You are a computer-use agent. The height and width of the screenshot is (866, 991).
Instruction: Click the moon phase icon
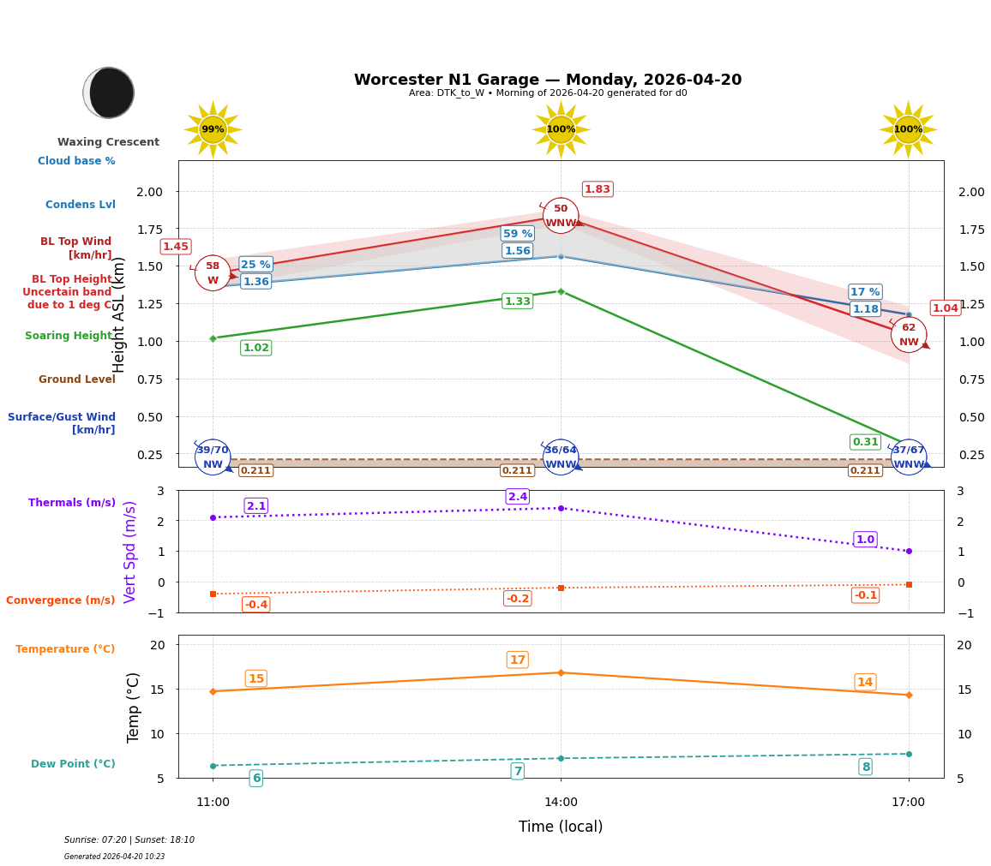[x=109, y=93]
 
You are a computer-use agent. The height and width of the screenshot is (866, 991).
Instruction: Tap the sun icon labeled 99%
[x=213, y=129]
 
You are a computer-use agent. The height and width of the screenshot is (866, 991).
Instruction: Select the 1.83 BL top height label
[x=598, y=189]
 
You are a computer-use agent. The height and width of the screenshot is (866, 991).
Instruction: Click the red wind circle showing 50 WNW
[x=561, y=216]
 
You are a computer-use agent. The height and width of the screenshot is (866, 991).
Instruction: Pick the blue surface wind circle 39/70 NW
[x=213, y=457]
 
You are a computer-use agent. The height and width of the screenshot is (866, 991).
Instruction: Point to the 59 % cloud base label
[x=518, y=234]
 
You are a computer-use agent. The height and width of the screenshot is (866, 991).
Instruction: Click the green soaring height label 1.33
[x=518, y=302]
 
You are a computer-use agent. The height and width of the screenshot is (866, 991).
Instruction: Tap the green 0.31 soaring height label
[x=865, y=442]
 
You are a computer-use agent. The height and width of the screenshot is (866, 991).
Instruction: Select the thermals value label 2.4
[x=518, y=497]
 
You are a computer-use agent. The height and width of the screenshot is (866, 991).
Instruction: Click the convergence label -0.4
[x=255, y=605]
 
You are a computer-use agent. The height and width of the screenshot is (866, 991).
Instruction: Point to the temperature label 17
[x=518, y=660]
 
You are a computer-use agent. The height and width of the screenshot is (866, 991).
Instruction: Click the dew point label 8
[x=865, y=767]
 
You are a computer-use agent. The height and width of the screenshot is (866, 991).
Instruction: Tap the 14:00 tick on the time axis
[x=561, y=803]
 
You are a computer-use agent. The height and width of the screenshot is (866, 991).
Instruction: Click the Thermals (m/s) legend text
[x=72, y=503]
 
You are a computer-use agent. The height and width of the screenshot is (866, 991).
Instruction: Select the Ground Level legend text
[x=77, y=379]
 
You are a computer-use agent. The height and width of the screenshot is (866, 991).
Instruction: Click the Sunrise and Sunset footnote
[x=129, y=840]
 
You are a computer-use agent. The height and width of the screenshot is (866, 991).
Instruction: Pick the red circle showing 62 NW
[x=908, y=334]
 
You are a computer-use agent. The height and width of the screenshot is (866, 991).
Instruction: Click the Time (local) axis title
[x=561, y=827]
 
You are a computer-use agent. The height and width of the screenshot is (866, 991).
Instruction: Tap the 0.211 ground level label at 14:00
[x=518, y=470]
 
